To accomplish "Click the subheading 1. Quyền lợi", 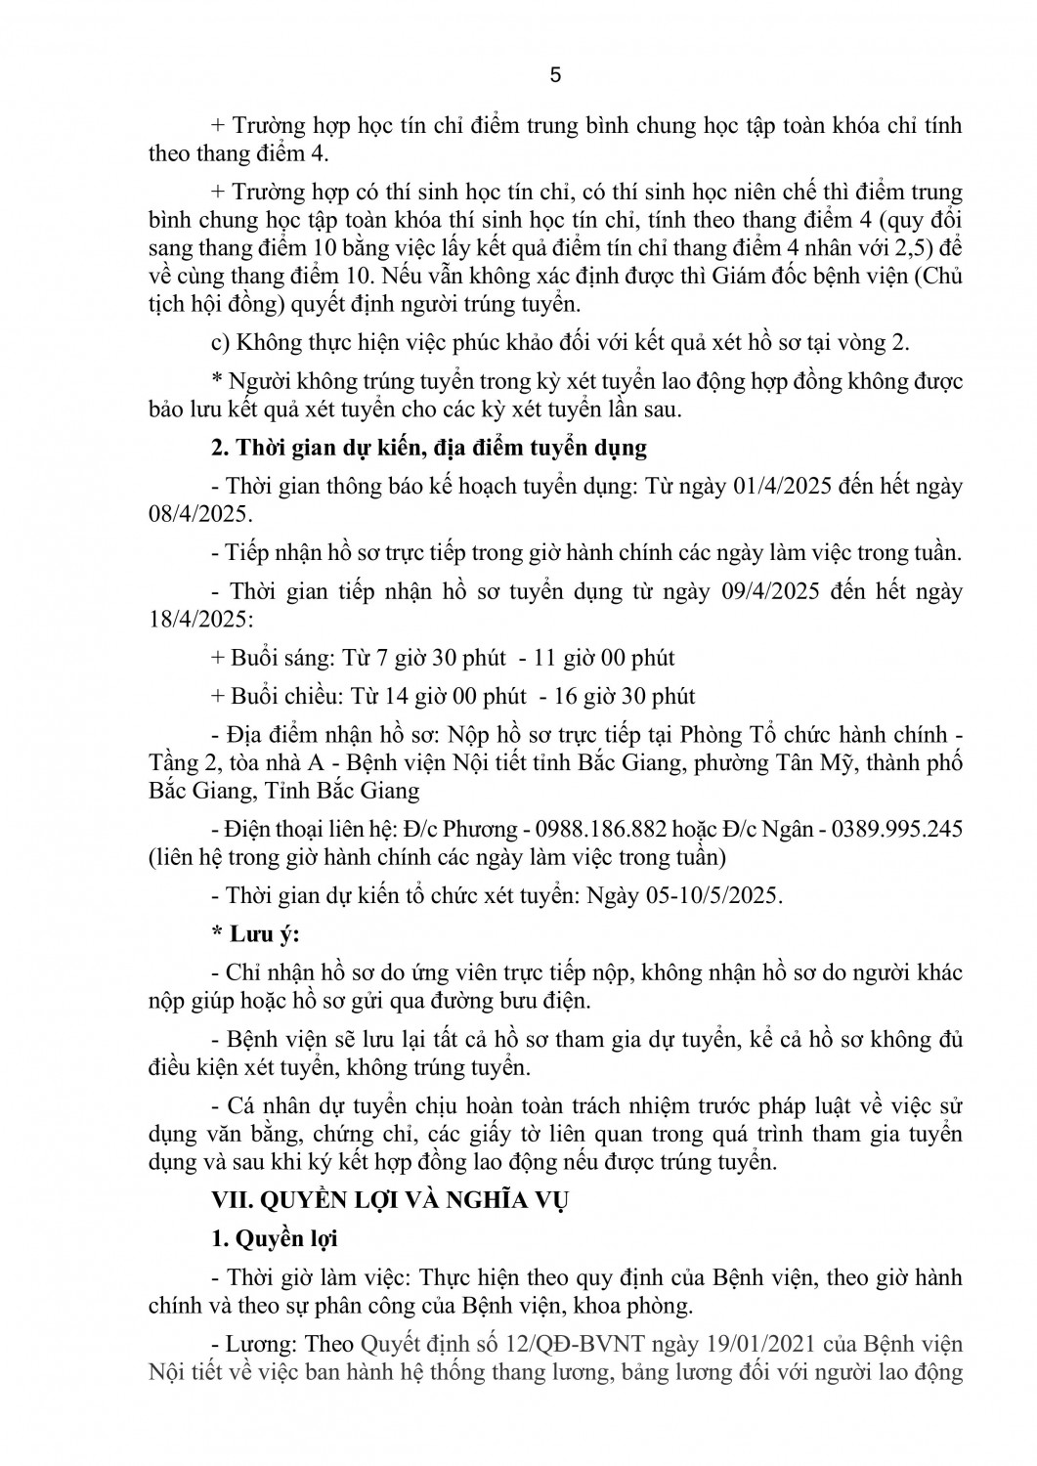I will click(275, 1238).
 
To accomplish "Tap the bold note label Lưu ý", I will click(263, 934).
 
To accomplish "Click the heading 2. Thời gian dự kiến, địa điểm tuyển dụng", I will click(429, 449).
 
